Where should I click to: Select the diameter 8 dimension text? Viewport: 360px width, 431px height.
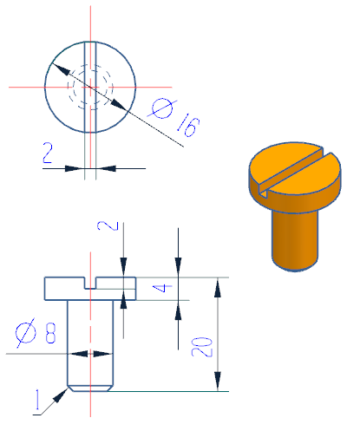click(36, 332)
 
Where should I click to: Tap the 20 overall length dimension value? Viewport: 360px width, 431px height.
click(202, 347)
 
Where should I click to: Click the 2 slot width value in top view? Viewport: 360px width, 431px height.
click(48, 153)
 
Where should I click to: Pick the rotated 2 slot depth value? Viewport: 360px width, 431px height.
click(108, 225)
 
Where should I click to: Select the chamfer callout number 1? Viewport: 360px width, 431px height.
click(37, 400)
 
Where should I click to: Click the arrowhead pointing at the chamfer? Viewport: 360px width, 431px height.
click(62, 395)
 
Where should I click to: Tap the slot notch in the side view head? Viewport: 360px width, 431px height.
click(90, 283)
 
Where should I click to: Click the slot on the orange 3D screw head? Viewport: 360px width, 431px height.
click(292, 172)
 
